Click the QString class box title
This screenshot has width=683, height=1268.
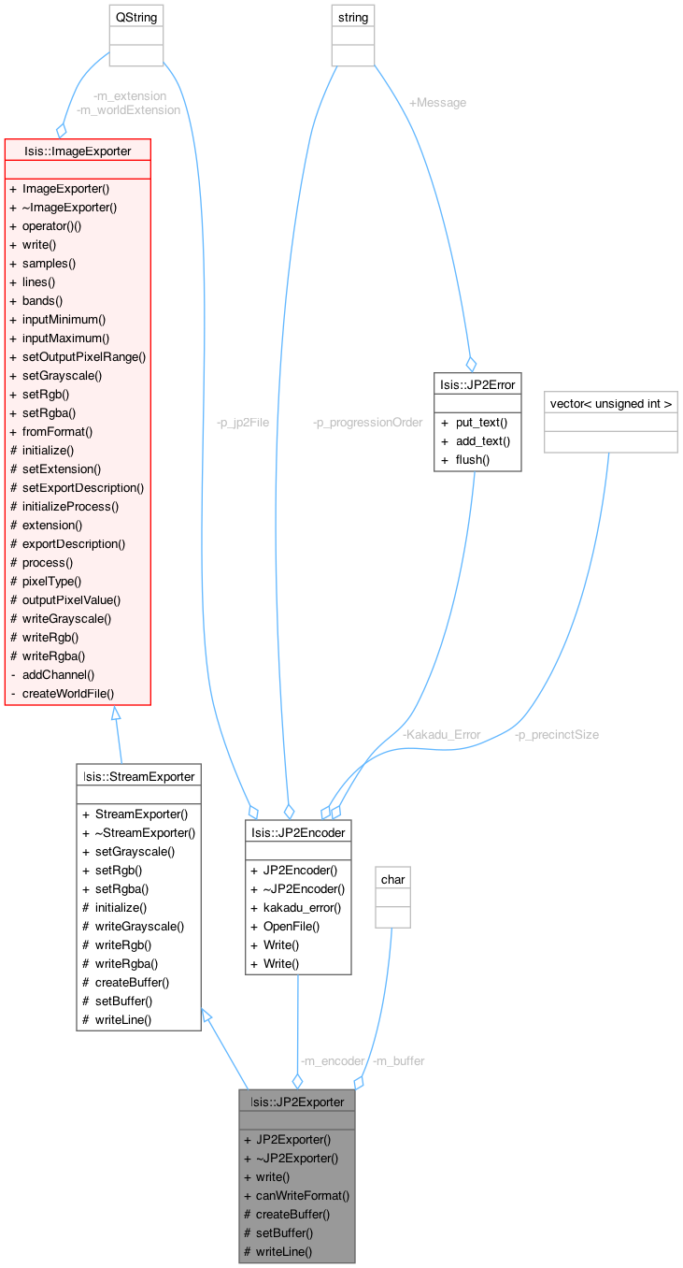(x=136, y=18)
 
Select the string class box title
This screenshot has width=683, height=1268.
(x=353, y=18)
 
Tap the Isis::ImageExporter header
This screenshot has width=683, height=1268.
(x=78, y=150)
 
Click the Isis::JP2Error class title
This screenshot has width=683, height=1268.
(x=477, y=383)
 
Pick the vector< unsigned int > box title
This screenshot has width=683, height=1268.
(x=610, y=404)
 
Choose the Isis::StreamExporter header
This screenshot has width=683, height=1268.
(x=138, y=775)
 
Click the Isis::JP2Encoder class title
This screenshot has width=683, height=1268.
(x=298, y=831)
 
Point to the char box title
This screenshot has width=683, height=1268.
(x=393, y=879)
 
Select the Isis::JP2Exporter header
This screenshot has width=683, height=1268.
(x=297, y=1101)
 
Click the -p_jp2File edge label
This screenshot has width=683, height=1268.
(x=243, y=423)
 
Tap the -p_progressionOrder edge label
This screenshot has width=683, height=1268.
(x=368, y=423)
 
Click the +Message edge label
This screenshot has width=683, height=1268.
(x=437, y=103)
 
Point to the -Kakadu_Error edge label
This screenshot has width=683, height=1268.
(x=441, y=734)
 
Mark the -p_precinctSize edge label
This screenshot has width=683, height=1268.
(x=556, y=734)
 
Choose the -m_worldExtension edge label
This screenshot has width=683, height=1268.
(x=128, y=109)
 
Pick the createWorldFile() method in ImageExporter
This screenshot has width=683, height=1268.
(x=68, y=693)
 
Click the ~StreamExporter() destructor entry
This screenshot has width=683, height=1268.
(x=145, y=832)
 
